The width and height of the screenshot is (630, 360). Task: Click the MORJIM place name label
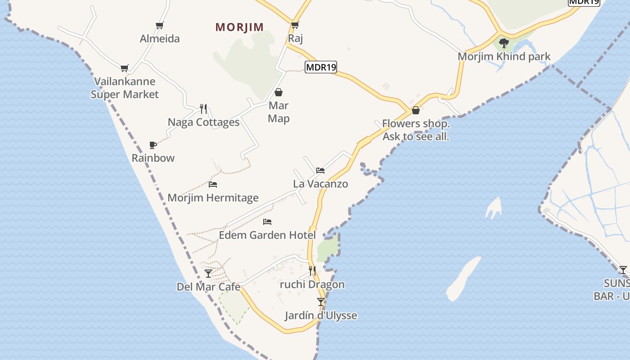239,27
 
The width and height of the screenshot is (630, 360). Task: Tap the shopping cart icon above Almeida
159,25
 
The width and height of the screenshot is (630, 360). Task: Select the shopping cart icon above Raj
295,25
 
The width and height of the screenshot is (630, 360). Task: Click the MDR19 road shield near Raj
321,67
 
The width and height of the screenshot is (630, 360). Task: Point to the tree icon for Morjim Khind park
504,43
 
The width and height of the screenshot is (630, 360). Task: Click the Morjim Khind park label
504,57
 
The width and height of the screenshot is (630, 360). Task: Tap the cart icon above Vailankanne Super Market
124,68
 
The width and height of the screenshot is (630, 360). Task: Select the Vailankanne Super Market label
125,88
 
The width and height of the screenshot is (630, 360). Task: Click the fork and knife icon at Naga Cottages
203,108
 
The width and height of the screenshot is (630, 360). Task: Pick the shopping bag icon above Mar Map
279,92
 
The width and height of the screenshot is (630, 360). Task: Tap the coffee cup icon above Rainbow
153,145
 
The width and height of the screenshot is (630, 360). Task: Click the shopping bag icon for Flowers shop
416,110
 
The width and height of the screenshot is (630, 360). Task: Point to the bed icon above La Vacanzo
320,170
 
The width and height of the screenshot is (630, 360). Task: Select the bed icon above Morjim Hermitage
213,184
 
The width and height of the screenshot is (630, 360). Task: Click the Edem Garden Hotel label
267,235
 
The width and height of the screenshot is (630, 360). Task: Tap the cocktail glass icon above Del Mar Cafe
208,273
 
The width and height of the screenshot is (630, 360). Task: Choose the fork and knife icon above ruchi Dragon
312,270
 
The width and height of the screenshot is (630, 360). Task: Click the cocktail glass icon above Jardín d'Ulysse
321,301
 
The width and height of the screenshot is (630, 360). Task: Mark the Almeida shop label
160,39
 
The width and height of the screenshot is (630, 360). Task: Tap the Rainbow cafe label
153,158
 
